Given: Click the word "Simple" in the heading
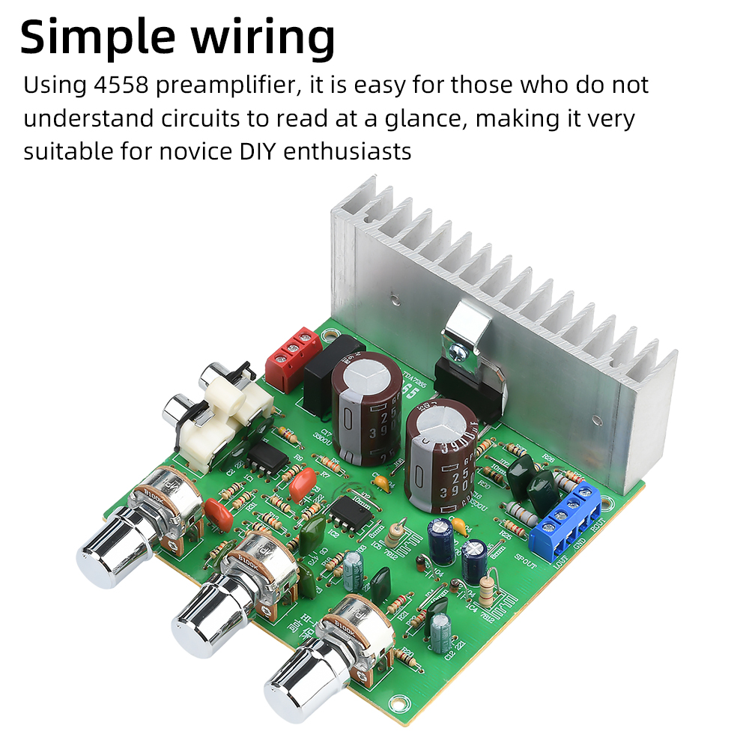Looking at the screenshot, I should click(x=100, y=37).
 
